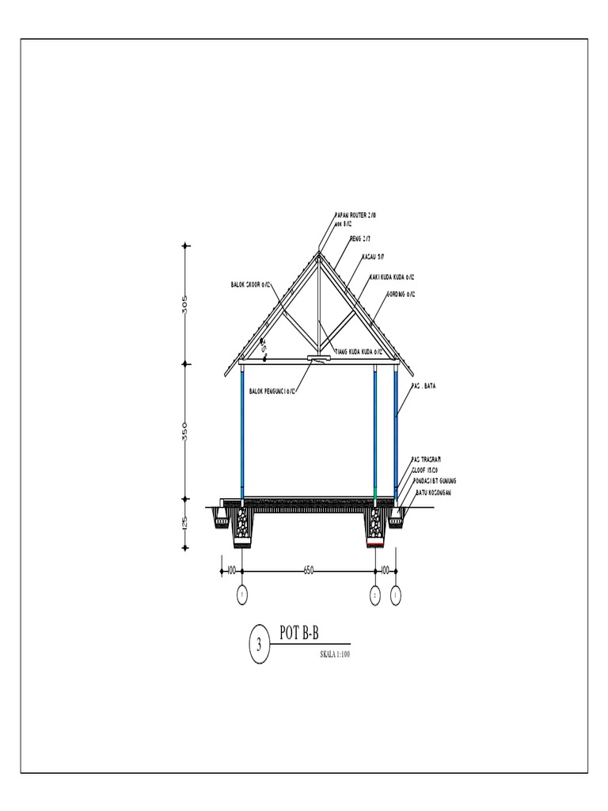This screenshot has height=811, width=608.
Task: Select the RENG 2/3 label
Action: coord(360,237)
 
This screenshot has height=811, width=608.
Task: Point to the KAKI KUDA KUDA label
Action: coord(393,277)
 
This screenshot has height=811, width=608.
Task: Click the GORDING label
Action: coord(401,294)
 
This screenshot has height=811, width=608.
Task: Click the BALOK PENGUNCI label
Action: coord(272,390)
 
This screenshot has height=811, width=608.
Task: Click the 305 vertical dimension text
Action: coord(185,305)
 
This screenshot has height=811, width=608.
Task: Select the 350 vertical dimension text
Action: coord(185,432)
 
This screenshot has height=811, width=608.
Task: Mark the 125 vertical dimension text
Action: coord(185,524)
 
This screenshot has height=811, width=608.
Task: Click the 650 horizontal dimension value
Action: coord(309,569)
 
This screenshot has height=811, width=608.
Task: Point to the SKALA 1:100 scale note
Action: coord(334,655)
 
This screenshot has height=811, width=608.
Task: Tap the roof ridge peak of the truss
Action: coord(319,253)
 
